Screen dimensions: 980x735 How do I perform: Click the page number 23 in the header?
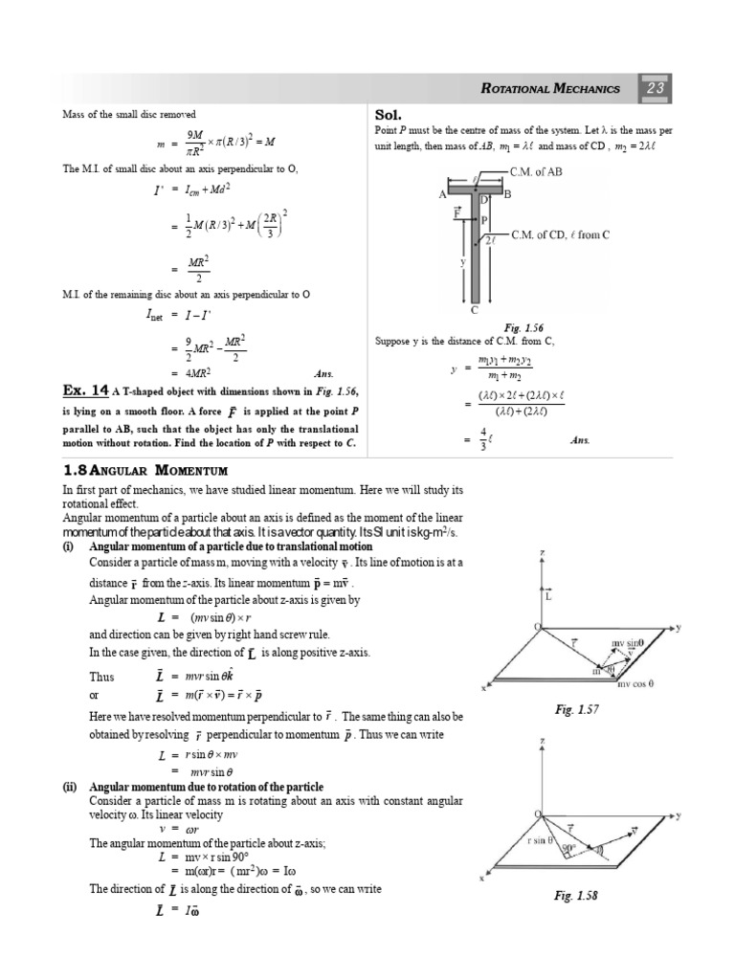pos(659,88)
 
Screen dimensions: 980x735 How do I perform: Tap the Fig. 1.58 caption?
pos(575,895)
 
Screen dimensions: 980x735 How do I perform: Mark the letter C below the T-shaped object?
pos(475,310)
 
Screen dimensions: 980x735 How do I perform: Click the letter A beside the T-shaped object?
pos(443,194)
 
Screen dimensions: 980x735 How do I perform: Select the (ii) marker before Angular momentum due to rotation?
pos(73,786)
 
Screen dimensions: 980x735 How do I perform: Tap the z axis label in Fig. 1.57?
pos(542,553)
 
